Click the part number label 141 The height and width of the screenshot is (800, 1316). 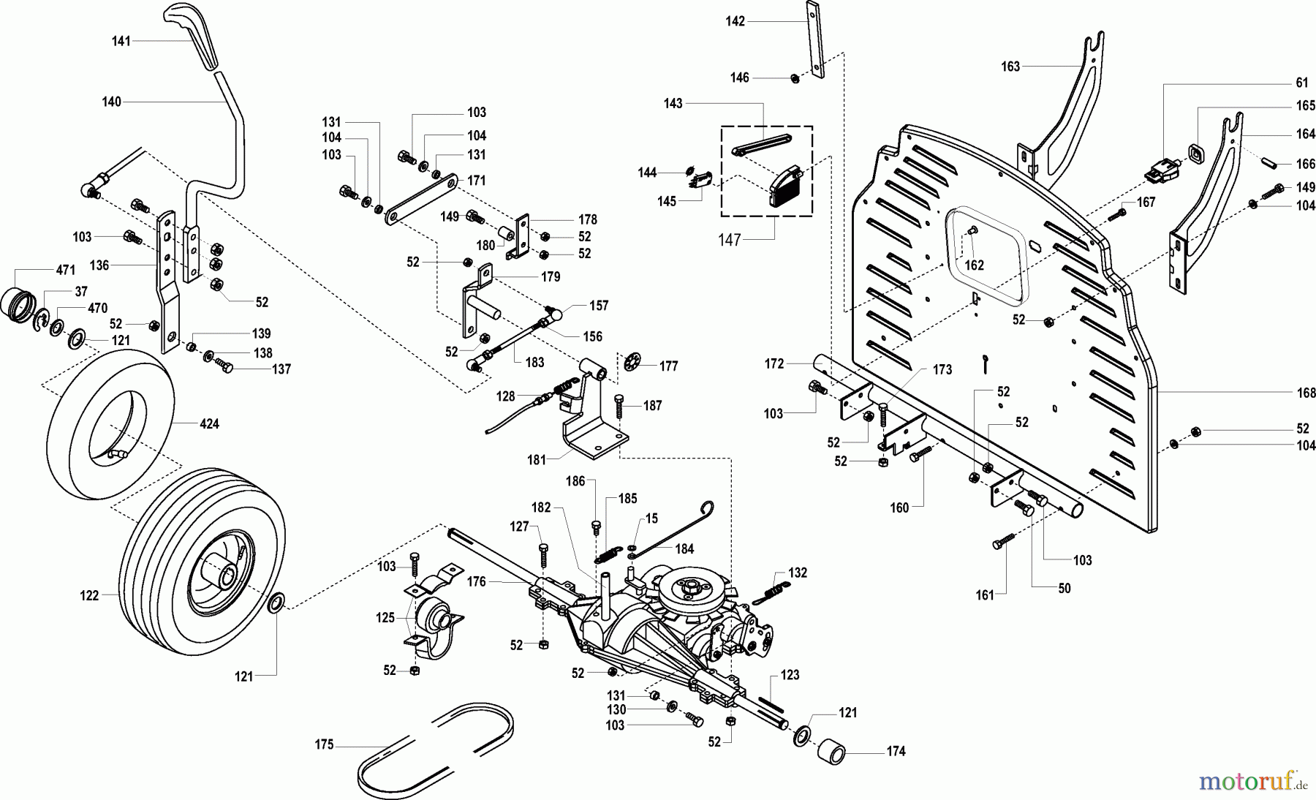pyautogui.click(x=121, y=41)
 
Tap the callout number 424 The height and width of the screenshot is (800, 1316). pyautogui.click(x=209, y=424)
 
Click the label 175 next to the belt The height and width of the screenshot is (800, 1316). pyautogui.click(x=324, y=744)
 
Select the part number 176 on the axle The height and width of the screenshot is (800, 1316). pyautogui.click(x=476, y=582)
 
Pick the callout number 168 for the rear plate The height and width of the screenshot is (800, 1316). pyautogui.click(x=1306, y=393)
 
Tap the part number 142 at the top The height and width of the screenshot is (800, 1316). pyautogui.click(x=735, y=21)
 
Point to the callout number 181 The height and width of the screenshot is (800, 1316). pyautogui.click(x=537, y=460)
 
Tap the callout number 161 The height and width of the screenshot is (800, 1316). pyautogui.click(x=985, y=595)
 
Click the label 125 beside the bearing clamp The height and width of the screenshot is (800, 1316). pyautogui.click(x=385, y=618)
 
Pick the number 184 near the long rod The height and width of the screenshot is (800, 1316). pyautogui.click(x=684, y=548)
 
